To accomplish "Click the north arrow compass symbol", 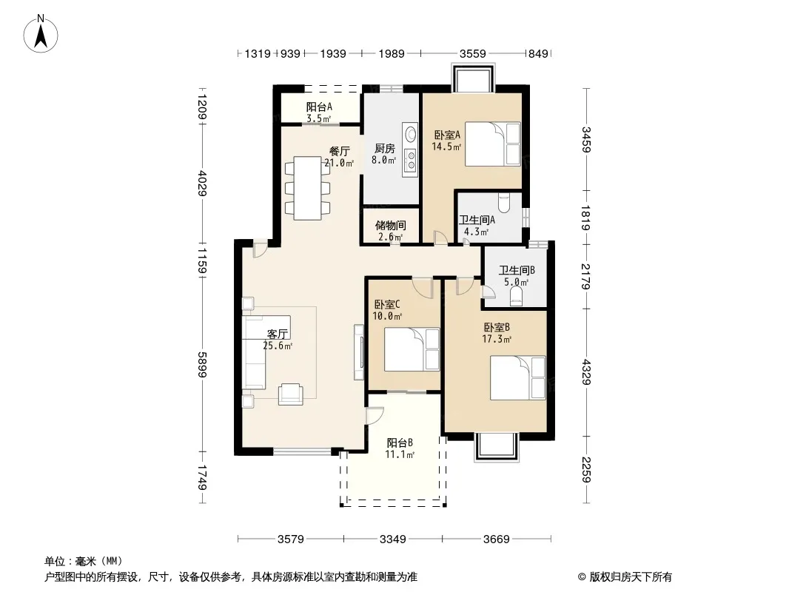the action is [41, 34].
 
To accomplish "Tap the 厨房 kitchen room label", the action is [384, 149].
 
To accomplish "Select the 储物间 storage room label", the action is [391, 226].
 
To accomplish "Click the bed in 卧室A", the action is [493, 144].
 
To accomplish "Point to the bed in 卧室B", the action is [518, 377].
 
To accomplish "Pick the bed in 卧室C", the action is [412, 349].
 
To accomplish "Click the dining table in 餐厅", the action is [307, 188].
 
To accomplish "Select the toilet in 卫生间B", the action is [517, 297].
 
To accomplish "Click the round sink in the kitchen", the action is [411, 134].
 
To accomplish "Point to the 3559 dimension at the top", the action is [472, 53].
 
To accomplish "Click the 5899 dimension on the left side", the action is [202, 364].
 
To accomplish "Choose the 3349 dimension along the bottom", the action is [392, 539].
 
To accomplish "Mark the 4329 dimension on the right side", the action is [586, 371].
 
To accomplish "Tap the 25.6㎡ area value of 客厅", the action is [278, 346].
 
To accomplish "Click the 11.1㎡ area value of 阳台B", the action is [400, 454].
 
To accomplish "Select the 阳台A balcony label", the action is [319, 107].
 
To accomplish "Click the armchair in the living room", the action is [291, 394].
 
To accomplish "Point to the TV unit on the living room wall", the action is [359, 352].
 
